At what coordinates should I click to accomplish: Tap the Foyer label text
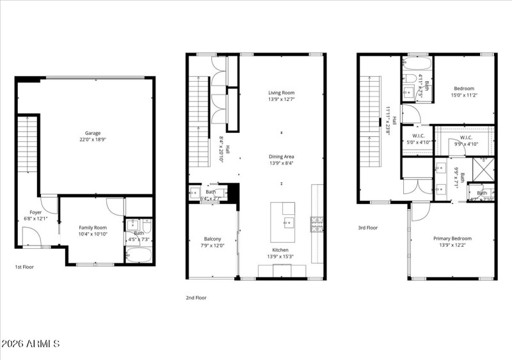click(36, 212)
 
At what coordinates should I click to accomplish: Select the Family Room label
click(93, 228)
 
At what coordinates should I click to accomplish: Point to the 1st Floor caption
click(24, 267)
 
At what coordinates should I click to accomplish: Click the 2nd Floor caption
click(196, 297)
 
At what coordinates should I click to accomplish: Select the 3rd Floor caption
click(367, 227)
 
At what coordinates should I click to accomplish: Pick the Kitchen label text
click(280, 250)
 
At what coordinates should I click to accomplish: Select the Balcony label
click(212, 239)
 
